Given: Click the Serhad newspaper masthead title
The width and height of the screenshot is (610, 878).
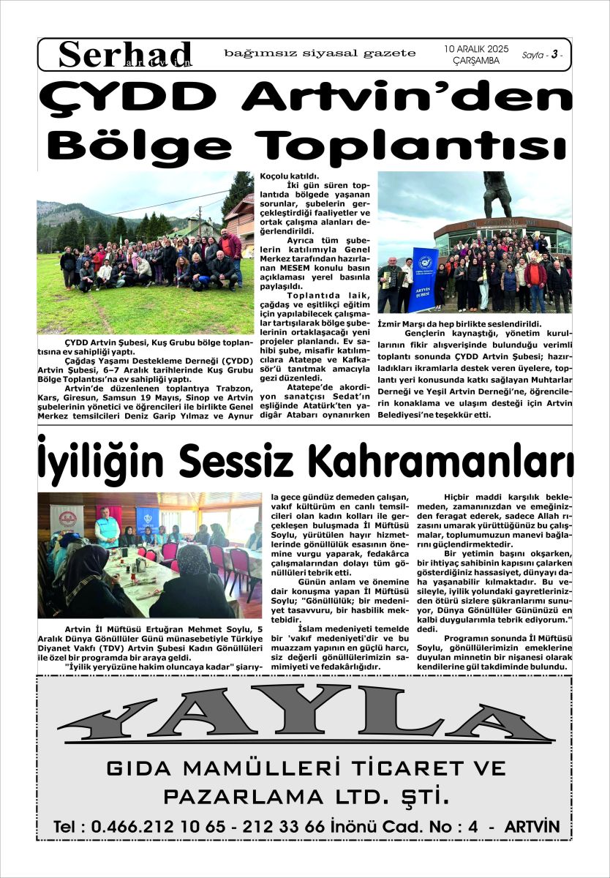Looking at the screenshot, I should tap(125, 53).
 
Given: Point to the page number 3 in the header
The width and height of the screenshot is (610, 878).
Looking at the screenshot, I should tap(555, 55).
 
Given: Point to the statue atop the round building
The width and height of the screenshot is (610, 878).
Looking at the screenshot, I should tap(497, 195).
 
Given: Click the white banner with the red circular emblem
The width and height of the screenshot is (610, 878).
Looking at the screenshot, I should tap(67, 520).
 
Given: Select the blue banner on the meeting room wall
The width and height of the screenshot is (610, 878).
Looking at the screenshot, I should tap(147, 519).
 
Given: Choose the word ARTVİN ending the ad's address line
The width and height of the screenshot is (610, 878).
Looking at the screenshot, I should tap(532, 827).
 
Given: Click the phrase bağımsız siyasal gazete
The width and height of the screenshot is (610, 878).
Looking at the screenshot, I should tap(320, 53).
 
